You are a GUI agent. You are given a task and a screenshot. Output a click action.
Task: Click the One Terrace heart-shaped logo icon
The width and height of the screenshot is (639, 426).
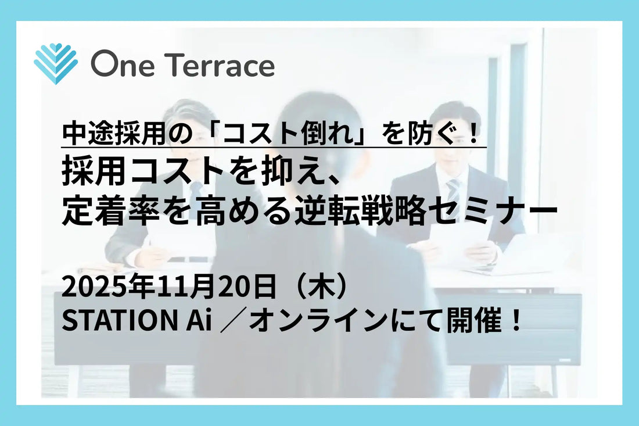pos(55,63)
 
